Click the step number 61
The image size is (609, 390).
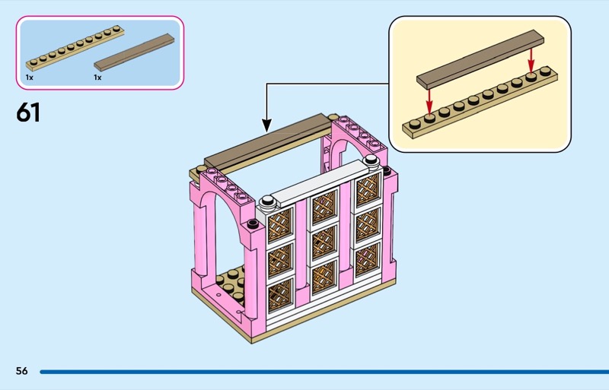pyautogui.click(x=28, y=113)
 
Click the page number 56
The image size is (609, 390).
pyautogui.click(x=22, y=371)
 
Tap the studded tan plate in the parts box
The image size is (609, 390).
pyautogui.click(x=75, y=48)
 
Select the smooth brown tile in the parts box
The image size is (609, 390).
pyautogui.click(x=134, y=52)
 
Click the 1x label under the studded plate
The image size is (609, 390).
pyautogui.click(x=30, y=78)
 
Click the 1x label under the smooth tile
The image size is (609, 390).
pyautogui.click(x=97, y=78)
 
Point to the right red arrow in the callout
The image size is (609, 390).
pyautogui.click(x=531, y=59)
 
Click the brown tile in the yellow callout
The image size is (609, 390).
pyautogui.click(x=480, y=59)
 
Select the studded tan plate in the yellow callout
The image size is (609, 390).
pyautogui.click(x=480, y=103)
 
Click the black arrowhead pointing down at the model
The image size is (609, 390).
pyautogui.click(x=266, y=125)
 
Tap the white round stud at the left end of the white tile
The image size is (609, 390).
pyautogui.click(x=268, y=201)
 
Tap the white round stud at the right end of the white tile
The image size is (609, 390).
pyautogui.click(x=371, y=160)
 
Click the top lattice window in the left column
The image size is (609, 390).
pyautogui.click(x=280, y=225)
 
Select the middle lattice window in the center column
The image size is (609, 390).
pyautogui.click(x=324, y=243)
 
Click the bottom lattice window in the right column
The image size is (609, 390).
pyautogui.click(x=367, y=258)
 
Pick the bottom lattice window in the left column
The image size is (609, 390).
pyautogui.click(x=280, y=296)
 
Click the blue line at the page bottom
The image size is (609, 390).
pyautogui.click(x=324, y=372)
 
